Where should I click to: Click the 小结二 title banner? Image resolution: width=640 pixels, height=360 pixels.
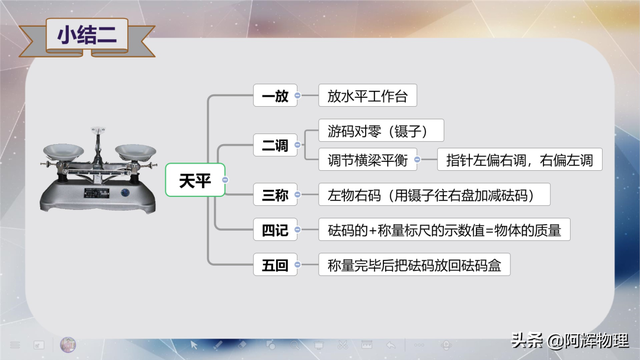[87, 35]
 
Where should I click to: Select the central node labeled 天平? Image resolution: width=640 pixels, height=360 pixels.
[195, 180]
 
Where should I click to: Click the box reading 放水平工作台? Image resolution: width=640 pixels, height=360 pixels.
[367, 97]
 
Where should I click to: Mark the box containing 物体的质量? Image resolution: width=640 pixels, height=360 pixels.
[444, 230]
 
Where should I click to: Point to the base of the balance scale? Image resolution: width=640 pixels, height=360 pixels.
[100, 200]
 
